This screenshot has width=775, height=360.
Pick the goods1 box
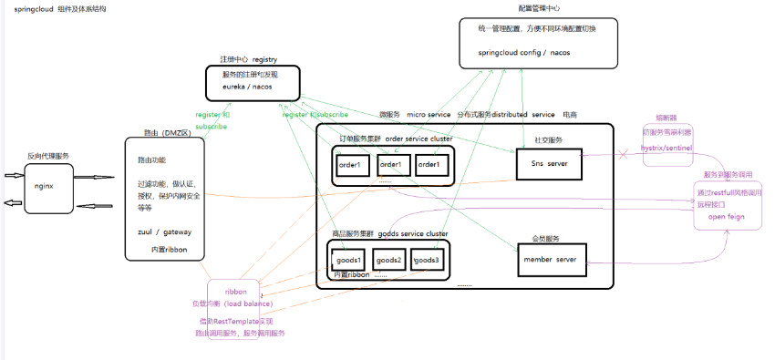(x=348, y=260)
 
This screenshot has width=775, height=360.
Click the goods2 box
(x=389, y=260)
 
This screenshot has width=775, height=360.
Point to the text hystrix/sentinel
(x=673, y=146)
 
